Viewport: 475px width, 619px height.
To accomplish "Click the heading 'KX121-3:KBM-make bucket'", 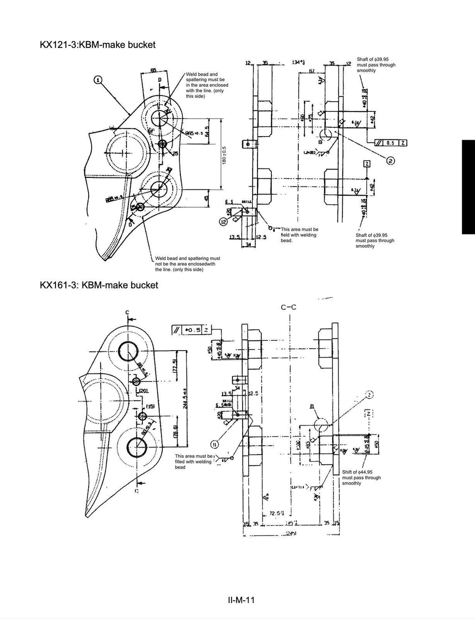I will point(97,45).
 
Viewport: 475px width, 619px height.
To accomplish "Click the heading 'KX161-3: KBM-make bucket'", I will point(99,285).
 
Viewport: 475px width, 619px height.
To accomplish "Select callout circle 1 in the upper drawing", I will point(98,79).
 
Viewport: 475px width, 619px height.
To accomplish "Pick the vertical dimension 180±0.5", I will point(224,155).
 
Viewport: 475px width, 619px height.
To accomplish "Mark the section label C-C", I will point(289,307).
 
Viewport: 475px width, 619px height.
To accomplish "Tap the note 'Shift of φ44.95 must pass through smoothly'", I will point(361,477).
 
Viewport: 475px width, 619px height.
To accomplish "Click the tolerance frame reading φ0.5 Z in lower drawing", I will point(191,330).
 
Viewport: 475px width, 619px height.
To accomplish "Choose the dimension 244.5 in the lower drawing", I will point(184,397).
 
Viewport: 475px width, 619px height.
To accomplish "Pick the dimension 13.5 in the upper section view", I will point(235,237).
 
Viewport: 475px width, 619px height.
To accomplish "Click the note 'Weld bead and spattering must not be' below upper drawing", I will point(187,264).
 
